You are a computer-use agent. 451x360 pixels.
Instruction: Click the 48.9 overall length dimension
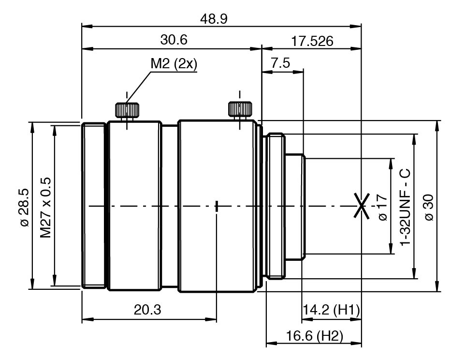(214, 19)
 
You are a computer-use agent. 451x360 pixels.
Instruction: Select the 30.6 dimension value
(174, 40)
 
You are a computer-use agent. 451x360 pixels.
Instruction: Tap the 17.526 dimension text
(312, 42)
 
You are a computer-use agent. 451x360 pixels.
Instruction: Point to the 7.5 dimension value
(280, 63)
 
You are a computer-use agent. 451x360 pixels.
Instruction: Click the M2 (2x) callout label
(174, 64)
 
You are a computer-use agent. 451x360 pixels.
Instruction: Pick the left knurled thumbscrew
(127, 110)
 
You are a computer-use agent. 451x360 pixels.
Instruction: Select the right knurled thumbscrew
(240, 109)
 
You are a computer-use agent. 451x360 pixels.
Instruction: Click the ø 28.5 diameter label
(25, 208)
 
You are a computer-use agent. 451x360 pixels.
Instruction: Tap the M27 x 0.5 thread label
(45, 208)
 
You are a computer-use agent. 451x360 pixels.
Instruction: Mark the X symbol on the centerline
(362, 206)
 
